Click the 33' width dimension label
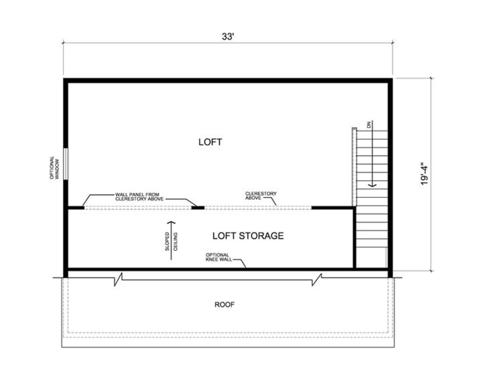pyautogui.click(x=228, y=37)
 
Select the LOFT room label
pyautogui.click(x=210, y=142)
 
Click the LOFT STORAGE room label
pyautogui.click(x=248, y=236)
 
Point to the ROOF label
pyautogui.click(x=224, y=305)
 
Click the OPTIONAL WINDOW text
pyautogui.click(x=54, y=168)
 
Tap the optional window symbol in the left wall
pyautogui.click(x=65, y=164)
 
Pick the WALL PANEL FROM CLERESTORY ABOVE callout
pyautogui.click(x=139, y=197)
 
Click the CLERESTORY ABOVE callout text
pyautogui.click(x=261, y=196)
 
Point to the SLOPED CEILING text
pyautogui.click(x=171, y=241)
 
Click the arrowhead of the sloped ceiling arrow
pyautogui.click(x=171, y=223)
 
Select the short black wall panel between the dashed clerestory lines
pyautogui.click(x=198, y=208)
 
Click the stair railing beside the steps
pyautogui.click(x=354, y=167)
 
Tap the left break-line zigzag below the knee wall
pyautogui.click(x=118, y=279)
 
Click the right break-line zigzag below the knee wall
pyautogui.click(x=317, y=279)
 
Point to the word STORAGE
pyautogui.click(x=261, y=236)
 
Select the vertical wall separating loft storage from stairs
pyautogui.click(x=354, y=238)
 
